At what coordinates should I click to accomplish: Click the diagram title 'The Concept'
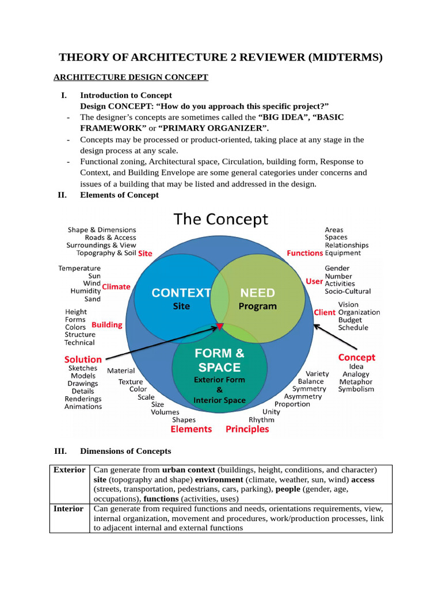tap(221, 219)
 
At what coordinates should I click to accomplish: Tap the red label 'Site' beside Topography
tap(145, 253)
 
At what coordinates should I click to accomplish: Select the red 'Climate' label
tap(116, 286)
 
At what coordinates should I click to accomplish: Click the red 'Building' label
tap(107, 324)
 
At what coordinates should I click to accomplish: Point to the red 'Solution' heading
tap(83, 359)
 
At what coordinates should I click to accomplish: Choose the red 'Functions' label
tap(305, 253)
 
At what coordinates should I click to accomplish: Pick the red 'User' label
tap(314, 281)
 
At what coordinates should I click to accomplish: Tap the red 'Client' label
tap(325, 312)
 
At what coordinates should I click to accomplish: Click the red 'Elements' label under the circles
tap(191, 429)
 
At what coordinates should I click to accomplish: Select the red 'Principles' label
tap(247, 429)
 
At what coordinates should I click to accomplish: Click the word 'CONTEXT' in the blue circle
tap(181, 293)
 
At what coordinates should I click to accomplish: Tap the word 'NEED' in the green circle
tap(257, 293)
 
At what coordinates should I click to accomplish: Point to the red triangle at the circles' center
tap(220, 327)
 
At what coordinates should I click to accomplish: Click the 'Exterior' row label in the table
tap(69, 470)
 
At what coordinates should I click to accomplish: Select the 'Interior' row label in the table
tap(68, 509)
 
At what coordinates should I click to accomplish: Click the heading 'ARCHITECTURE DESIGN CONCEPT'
tap(131, 77)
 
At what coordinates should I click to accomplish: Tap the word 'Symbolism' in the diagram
tap(356, 389)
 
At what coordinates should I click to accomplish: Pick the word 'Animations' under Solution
tap(83, 407)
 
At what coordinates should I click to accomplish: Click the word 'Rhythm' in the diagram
tap(261, 420)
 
